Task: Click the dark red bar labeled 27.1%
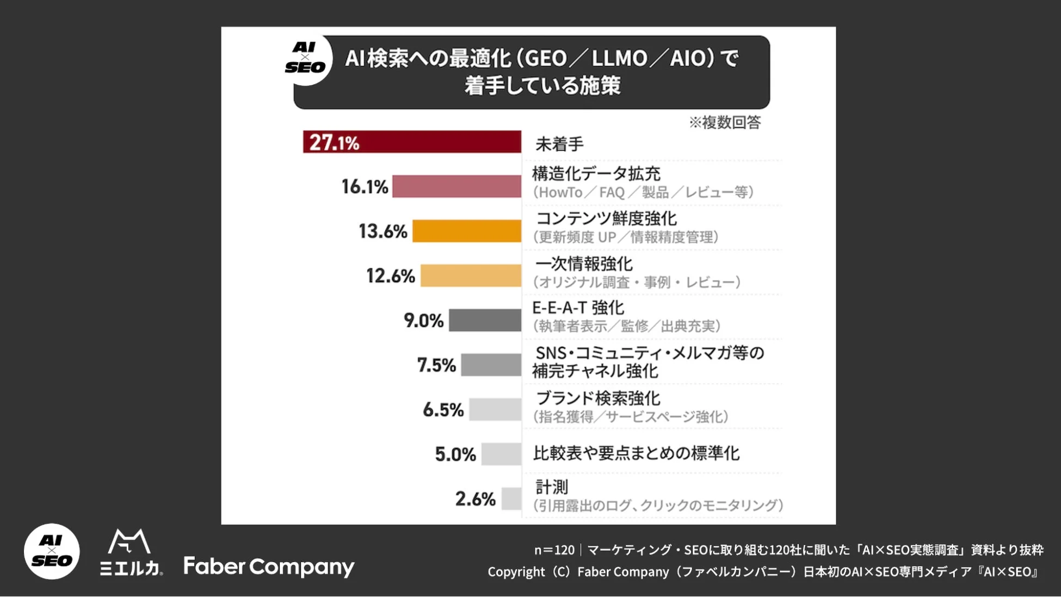(x=412, y=142)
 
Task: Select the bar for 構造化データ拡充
(x=457, y=187)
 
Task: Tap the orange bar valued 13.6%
(x=467, y=231)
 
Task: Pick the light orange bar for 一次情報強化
(x=471, y=276)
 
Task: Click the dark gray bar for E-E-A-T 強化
(x=485, y=321)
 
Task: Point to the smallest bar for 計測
(x=511, y=498)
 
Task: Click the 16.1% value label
(x=365, y=187)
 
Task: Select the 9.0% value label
(x=423, y=321)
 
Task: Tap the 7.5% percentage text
(x=436, y=365)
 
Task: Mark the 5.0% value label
(x=455, y=454)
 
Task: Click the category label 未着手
(x=559, y=144)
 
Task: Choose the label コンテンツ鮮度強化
(x=606, y=219)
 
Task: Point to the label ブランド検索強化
(x=598, y=398)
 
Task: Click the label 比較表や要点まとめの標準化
(x=636, y=453)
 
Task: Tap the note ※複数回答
(x=725, y=122)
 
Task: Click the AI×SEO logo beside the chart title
(x=306, y=58)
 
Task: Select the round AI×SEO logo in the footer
(x=52, y=551)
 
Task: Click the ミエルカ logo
(x=131, y=552)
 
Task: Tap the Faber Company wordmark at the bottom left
(x=269, y=567)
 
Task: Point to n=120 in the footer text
(x=554, y=550)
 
